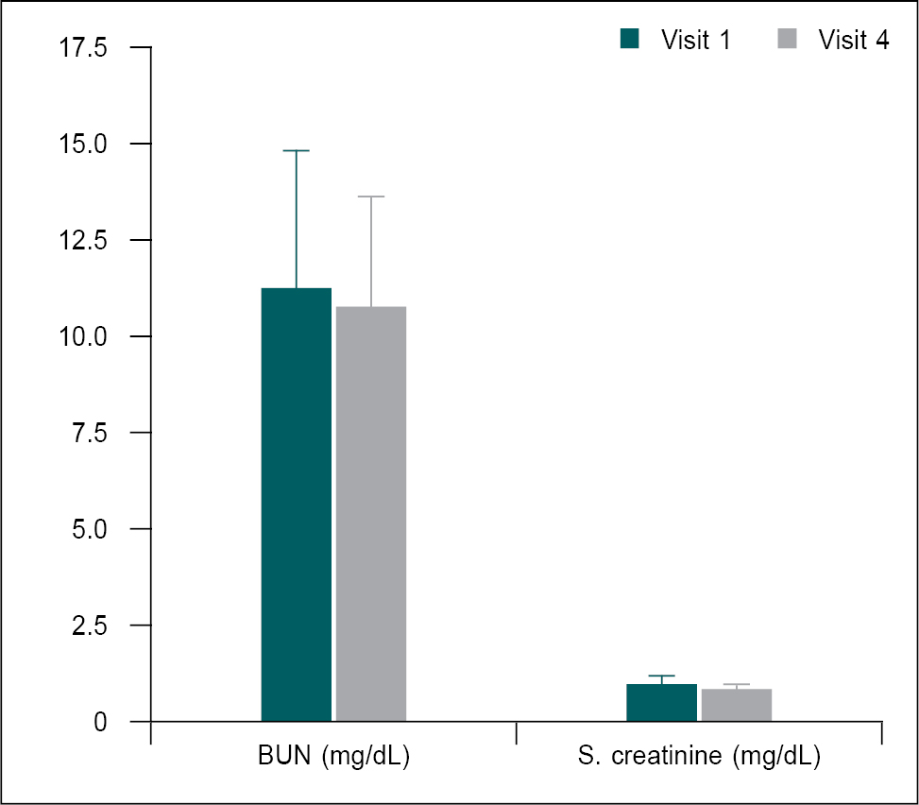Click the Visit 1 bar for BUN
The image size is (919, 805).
297,505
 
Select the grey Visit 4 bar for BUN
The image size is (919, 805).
371,514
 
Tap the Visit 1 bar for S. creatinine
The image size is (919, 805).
662,703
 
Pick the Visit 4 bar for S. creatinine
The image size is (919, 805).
737,705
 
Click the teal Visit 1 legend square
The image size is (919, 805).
630,39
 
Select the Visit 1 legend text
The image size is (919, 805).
695,40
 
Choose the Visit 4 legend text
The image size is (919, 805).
853,40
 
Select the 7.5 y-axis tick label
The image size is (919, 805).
93,433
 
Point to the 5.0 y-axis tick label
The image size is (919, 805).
93,529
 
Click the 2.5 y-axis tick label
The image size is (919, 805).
93,625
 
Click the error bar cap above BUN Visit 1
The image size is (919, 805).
297,151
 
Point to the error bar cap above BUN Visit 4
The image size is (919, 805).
371,197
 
